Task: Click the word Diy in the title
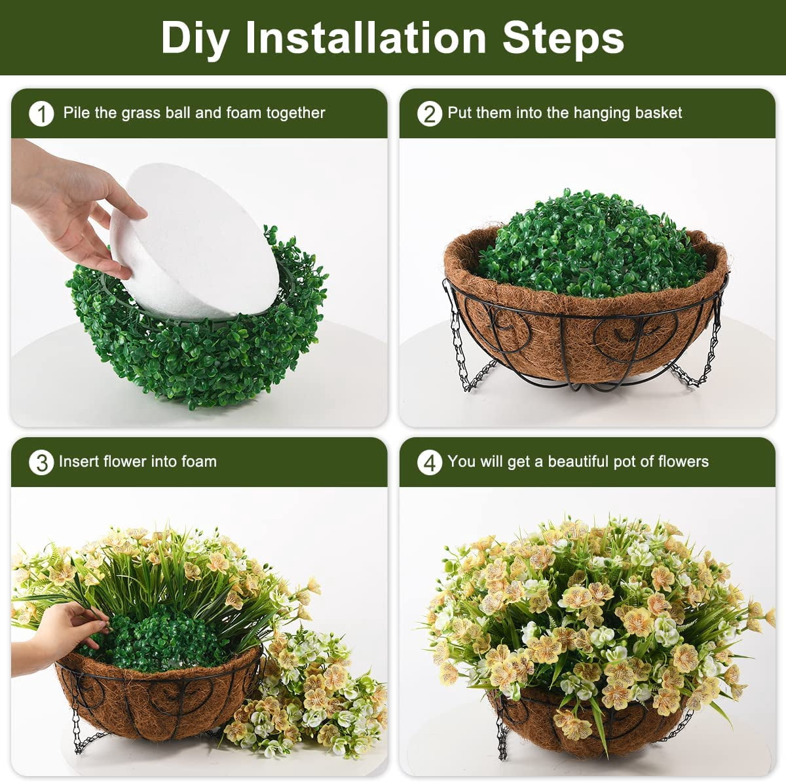(195, 38)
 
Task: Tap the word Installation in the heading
(366, 37)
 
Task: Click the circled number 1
(42, 113)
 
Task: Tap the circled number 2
(430, 113)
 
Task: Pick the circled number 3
(42, 462)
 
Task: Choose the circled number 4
(430, 462)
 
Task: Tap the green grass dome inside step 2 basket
(590, 244)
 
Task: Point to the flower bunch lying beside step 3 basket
(310, 690)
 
